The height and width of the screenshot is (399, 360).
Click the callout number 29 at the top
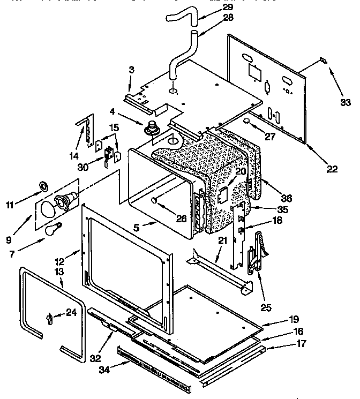tap(213, 7)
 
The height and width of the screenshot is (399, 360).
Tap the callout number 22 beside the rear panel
tap(333, 169)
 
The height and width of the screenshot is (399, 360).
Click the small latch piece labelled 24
tap(50, 320)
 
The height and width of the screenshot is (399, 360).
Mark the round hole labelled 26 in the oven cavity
tap(154, 200)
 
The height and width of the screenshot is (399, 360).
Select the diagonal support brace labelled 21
tap(220, 274)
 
